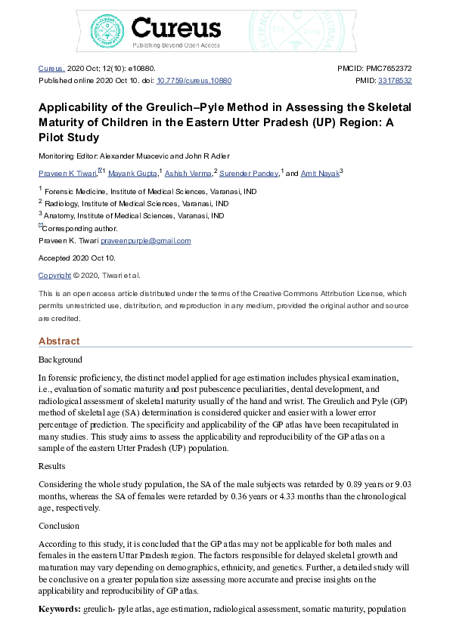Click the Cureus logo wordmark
coord(175,29)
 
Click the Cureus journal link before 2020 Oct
coord(51,68)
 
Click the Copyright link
coord(54,276)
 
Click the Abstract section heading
coord(59,341)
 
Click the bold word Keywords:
coord(60,608)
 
